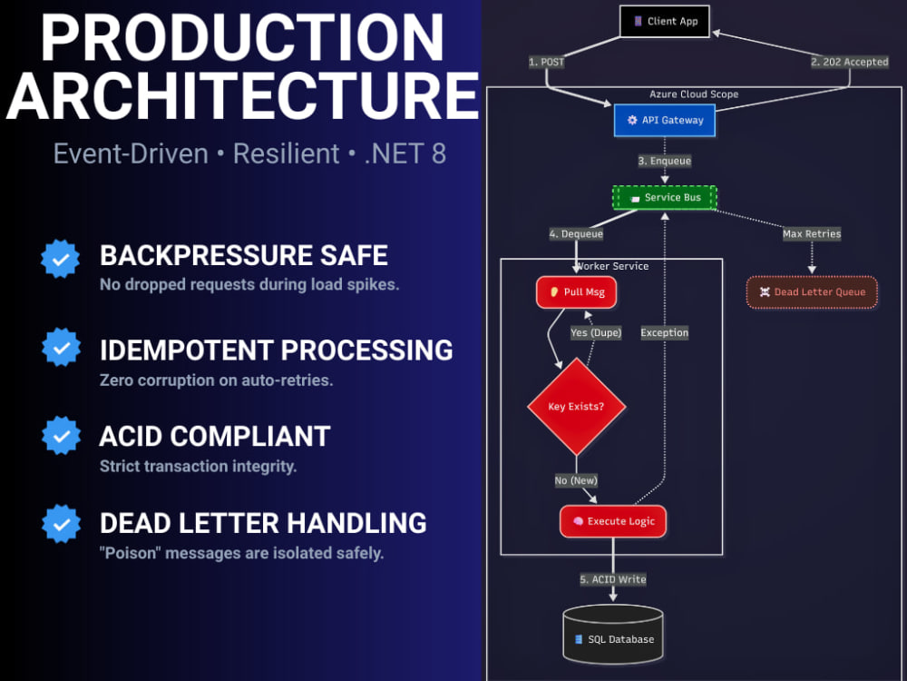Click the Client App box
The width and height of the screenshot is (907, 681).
[665, 22]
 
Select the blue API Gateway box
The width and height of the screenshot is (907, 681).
[665, 121]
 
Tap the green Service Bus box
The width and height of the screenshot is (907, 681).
[665, 197]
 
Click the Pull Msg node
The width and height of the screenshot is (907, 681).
[576, 291]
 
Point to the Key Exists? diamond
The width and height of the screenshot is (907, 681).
[576, 407]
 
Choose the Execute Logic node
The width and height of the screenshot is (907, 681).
[612, 521]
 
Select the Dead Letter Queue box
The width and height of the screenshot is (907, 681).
[812, 291]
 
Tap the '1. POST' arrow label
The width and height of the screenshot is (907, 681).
[546, 62]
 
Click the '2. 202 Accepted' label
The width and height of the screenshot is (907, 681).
[849, 62]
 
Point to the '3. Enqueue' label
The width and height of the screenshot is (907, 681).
[665, 161]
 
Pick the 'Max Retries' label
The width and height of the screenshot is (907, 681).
[812, 234]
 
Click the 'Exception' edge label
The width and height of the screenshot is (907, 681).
[665, 333]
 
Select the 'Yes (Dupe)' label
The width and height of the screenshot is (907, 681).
[596, 333]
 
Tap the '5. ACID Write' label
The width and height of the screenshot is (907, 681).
[612, 579]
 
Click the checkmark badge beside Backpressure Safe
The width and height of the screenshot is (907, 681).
[60, 259]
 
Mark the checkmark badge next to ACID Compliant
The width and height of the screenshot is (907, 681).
[61, 436]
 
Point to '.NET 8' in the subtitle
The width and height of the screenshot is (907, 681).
[405, 154]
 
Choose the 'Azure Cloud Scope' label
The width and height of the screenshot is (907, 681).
[694, 94]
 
